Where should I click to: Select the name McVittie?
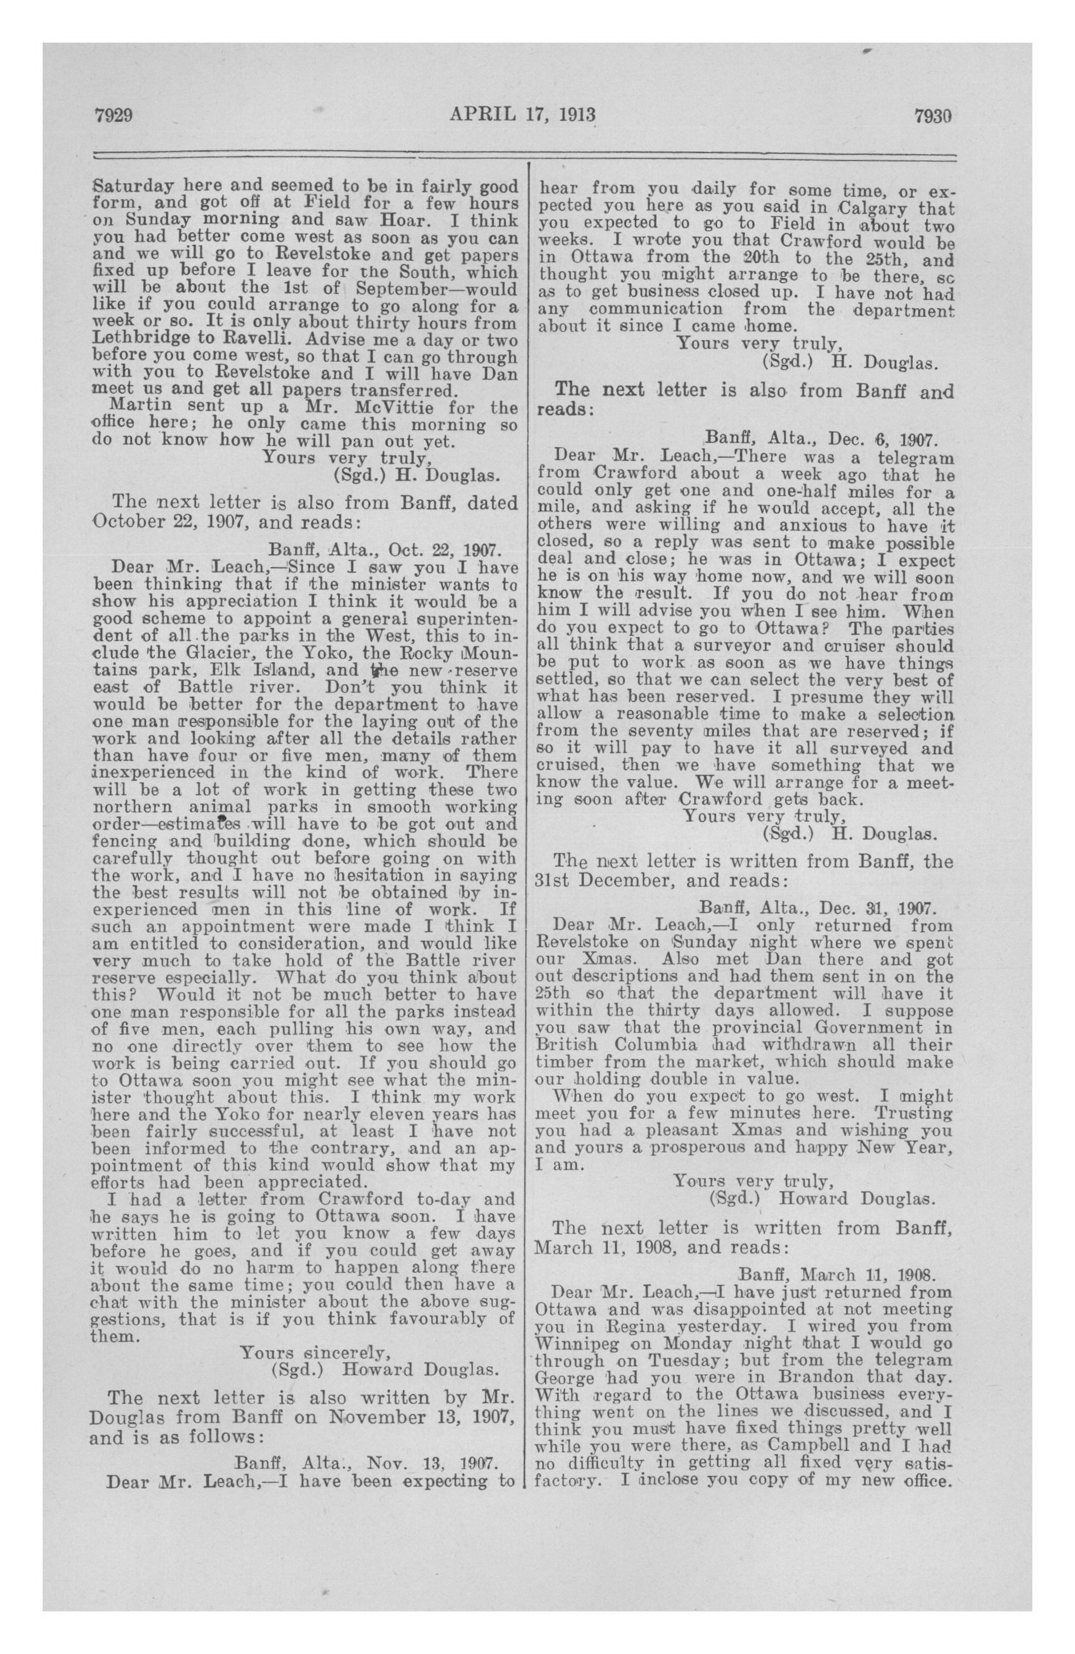click(x=361, y=407)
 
